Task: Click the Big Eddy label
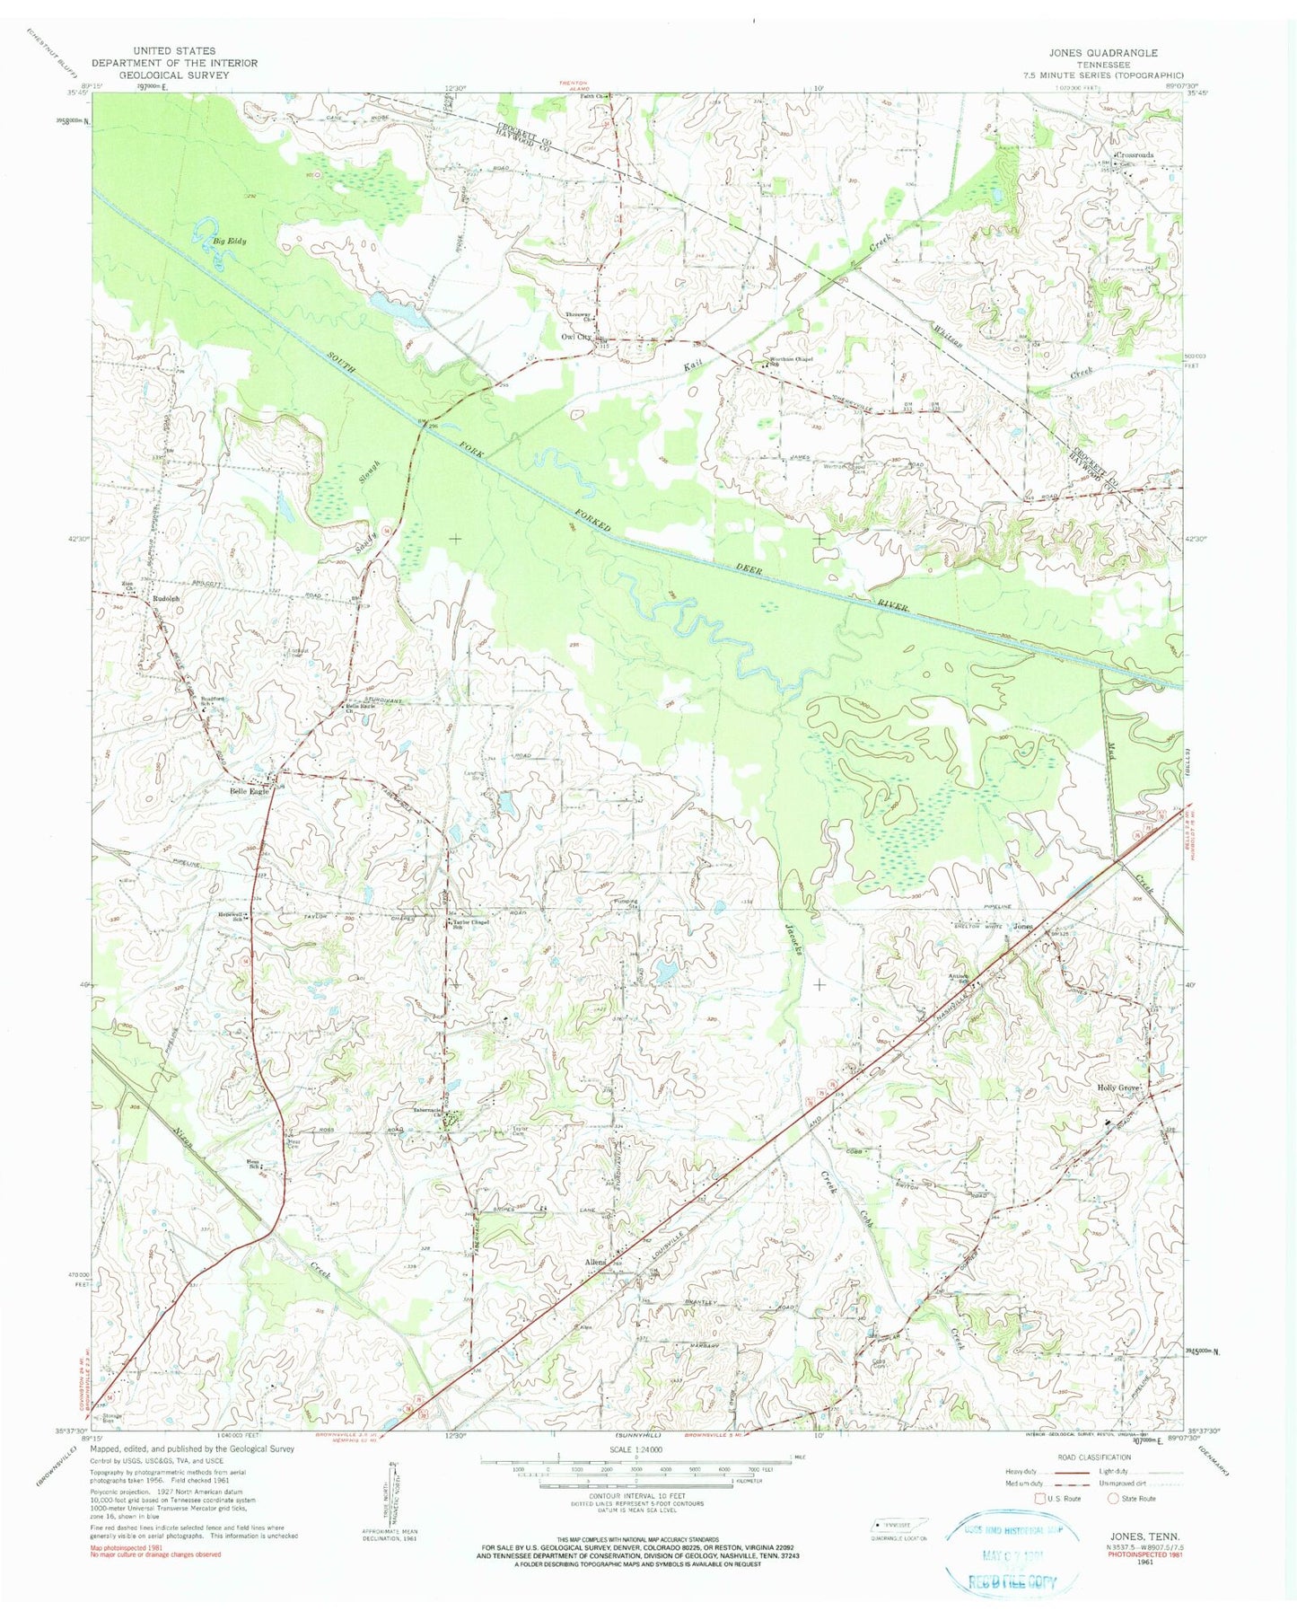tap(230, 242)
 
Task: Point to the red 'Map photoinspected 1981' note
tap(131, 1547)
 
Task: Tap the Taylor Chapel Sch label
tap(474, 924)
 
